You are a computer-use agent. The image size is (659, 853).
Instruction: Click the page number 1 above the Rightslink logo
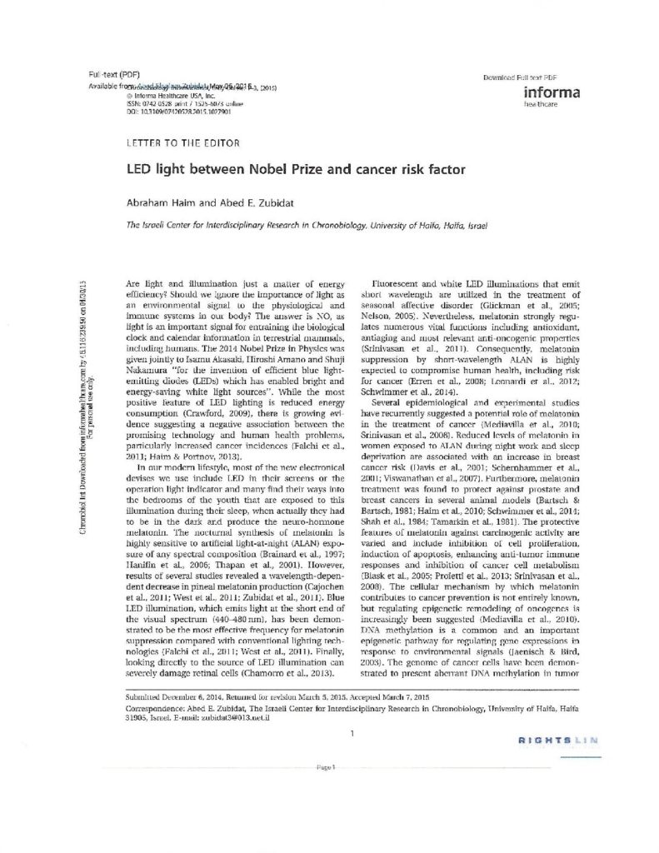click(353, 732)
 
